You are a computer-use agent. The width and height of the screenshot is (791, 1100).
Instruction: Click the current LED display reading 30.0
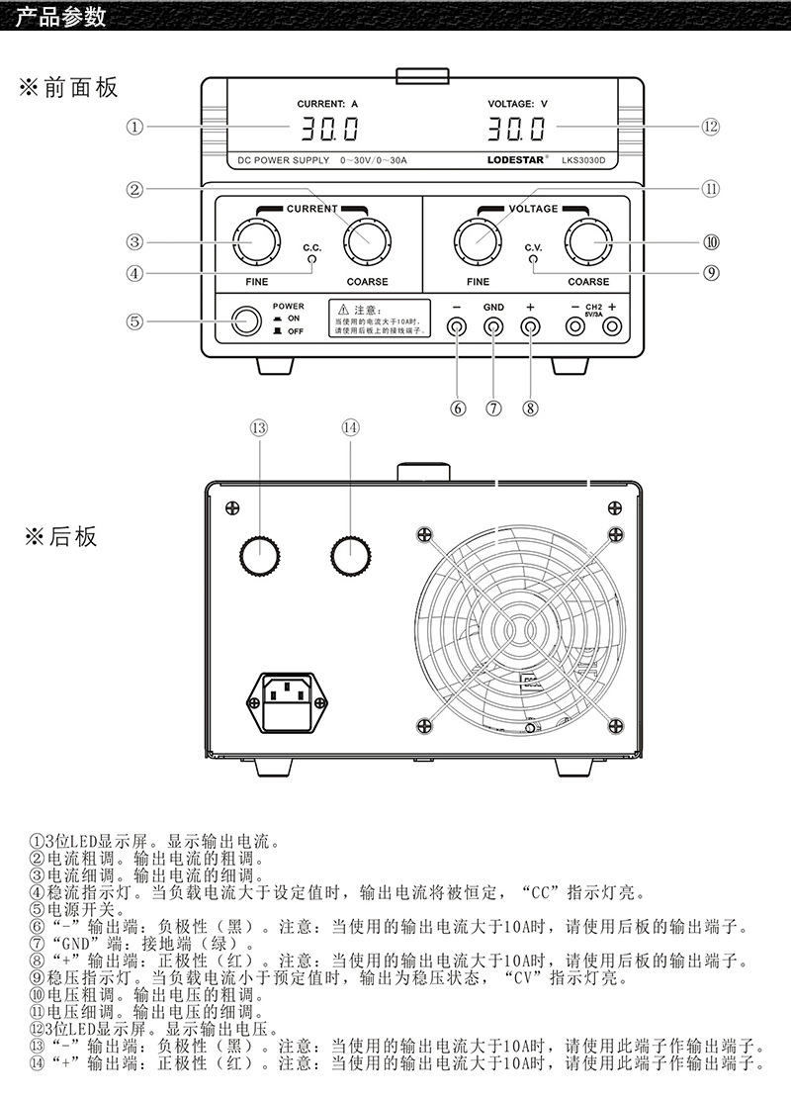point(330,129)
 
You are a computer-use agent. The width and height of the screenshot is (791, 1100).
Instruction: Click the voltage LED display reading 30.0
point(516,129)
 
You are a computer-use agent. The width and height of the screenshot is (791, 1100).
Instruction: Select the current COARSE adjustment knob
point(368,240)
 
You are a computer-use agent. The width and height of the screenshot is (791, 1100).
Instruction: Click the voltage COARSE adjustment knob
point(588,240)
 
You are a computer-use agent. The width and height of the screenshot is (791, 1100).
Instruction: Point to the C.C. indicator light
point(313,261)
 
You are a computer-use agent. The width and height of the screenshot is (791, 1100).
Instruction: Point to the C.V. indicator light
point(533,261)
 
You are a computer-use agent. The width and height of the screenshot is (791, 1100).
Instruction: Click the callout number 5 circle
point(135,321)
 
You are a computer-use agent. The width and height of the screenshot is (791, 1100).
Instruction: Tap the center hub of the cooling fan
point(519,626)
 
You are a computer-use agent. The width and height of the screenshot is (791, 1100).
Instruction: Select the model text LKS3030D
point(589,159)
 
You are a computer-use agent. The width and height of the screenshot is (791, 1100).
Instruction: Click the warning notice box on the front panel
point(380,318)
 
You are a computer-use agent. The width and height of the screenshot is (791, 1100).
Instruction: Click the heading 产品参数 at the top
point(60,18)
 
